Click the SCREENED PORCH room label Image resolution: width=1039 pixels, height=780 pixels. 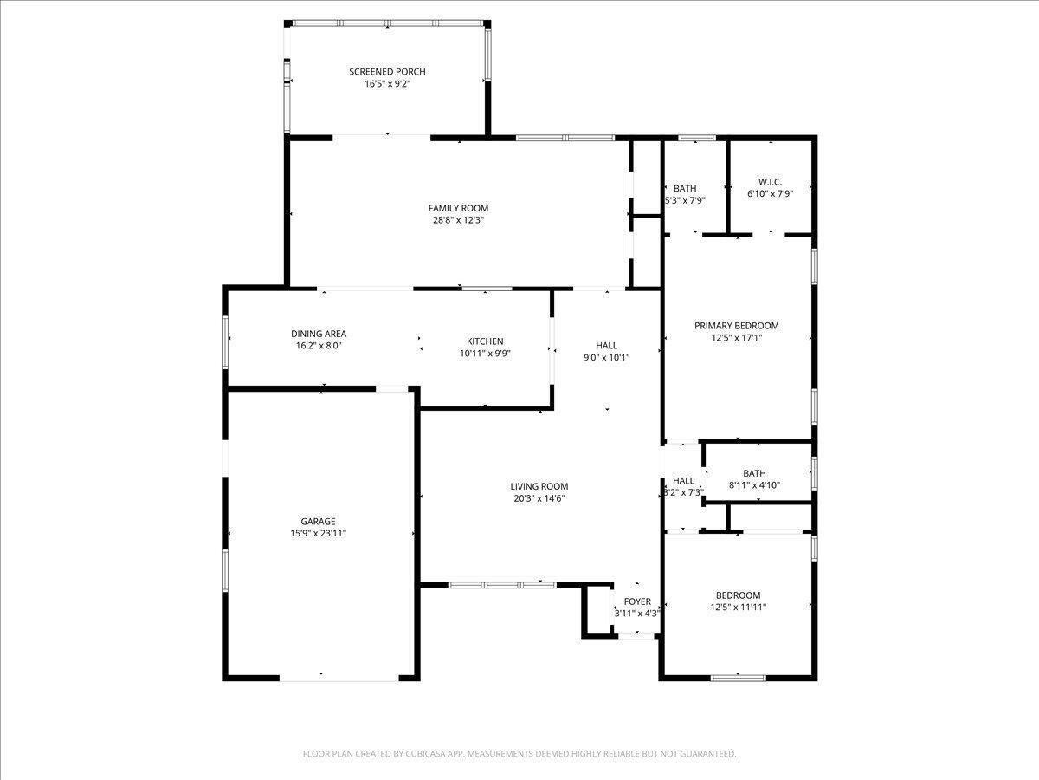[387, 72]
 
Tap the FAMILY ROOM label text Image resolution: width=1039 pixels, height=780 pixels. [458, 208]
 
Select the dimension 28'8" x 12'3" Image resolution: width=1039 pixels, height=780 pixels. [458, 220]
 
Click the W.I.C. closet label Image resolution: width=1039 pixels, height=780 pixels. [770, 182]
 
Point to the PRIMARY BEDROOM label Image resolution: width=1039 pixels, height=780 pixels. [736, 326]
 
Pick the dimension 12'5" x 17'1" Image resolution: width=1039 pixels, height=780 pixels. [736, 338]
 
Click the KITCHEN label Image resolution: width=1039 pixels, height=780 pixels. [485, 341]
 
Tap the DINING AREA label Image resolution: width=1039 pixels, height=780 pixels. [319, 334]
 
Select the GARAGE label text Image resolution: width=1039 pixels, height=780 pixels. [318, 522]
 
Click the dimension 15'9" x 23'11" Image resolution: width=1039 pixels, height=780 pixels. [318, 534]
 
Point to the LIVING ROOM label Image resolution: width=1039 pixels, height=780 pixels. [539, 486]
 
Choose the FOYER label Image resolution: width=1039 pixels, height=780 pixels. [637, 601]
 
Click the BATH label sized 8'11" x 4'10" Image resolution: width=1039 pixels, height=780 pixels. [754, 473]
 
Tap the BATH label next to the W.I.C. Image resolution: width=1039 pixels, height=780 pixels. [685, 188]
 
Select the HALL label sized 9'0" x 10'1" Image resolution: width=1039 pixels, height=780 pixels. [606, 345]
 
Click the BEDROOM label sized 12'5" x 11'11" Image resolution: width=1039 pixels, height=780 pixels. [738, 595]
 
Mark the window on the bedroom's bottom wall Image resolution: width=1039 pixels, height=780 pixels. [738, 677]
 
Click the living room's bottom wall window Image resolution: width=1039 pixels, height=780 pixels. [502, 585]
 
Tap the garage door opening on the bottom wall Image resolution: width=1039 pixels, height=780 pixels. [339, 678]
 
